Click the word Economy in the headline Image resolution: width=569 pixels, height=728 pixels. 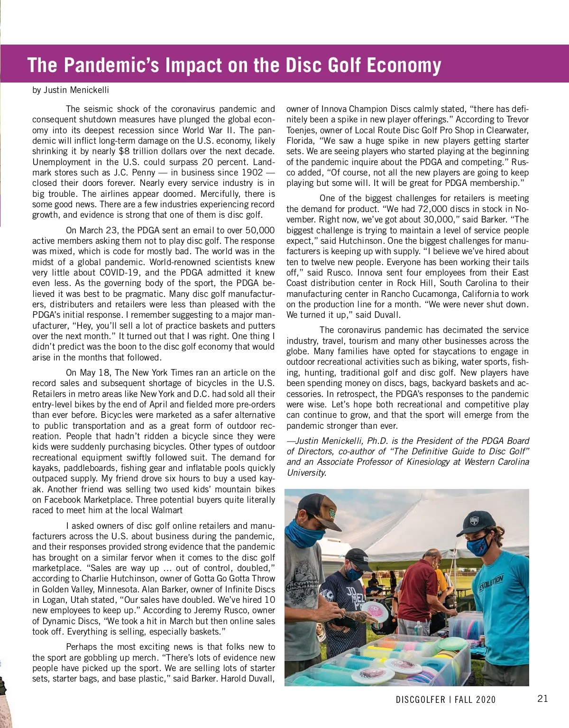[404, 65]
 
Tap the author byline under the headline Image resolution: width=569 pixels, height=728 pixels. [71, 90]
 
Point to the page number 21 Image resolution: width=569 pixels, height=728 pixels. [543, 698]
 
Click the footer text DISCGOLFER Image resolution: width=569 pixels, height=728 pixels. [421, 700]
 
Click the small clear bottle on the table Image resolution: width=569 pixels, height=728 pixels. [418, 631]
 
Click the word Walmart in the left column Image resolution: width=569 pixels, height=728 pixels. [167, 510]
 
